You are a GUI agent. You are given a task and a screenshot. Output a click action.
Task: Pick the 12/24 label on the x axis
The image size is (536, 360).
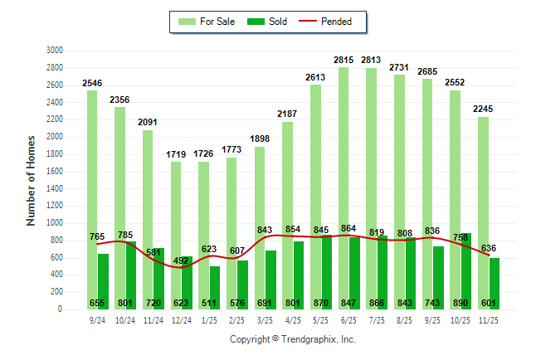pyautogui.click(x=180, y=320)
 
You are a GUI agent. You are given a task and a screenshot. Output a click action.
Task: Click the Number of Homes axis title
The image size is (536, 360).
pyautogui.click(x=32, y=179)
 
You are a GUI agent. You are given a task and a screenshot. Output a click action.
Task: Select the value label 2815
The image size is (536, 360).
pyautogui.click(x=343, y=60)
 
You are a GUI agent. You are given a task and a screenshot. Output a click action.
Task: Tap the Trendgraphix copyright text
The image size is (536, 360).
pyautogui.click(x=292, y=339)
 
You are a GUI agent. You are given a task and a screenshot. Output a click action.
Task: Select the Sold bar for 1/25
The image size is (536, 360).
pyautogui.click(x=215, y=282)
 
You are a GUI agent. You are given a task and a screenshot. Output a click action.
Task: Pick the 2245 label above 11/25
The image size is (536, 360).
pyautogui.click(x=484, y=109)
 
